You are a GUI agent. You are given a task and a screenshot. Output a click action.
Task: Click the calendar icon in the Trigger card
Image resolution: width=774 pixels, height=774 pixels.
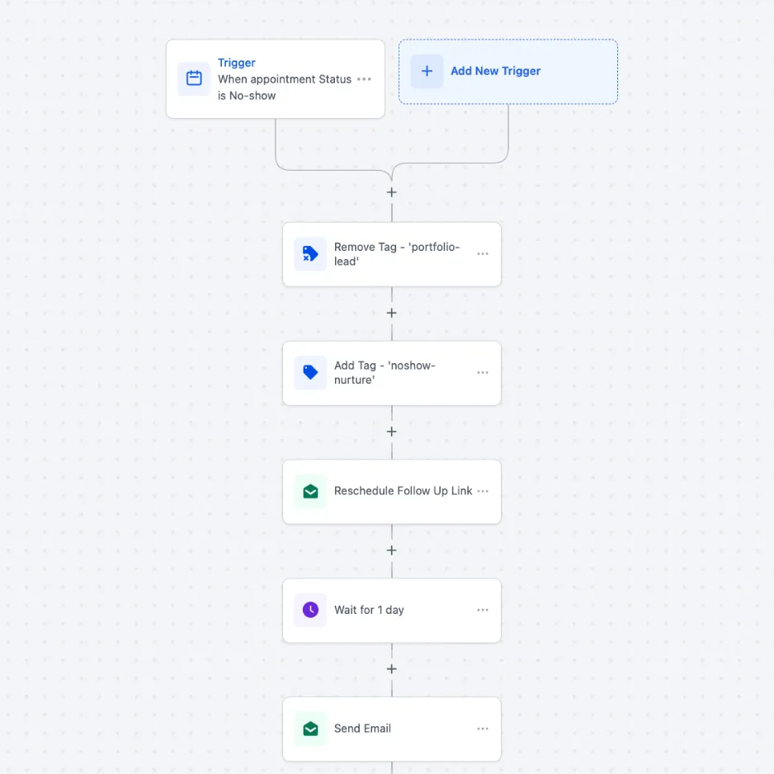(x=194, y=78)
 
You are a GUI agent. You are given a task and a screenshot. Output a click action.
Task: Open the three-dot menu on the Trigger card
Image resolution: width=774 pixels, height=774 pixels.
(x=364, y=79)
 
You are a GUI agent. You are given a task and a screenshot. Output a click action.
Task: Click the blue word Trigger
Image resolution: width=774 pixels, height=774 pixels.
(x=237, y=63)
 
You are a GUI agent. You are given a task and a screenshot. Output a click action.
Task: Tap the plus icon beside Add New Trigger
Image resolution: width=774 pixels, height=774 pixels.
(x=427, y=71)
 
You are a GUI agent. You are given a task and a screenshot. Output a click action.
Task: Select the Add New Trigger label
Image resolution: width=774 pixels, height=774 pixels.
(x=496, y=71)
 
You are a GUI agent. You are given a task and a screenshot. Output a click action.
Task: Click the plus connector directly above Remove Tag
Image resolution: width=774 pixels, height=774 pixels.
(x=391, y=192)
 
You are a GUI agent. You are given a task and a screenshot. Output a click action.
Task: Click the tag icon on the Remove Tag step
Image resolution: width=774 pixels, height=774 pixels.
(x=310, y=253)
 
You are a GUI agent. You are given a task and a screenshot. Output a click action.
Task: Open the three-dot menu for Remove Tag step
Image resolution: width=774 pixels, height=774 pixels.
(x=483, y=253)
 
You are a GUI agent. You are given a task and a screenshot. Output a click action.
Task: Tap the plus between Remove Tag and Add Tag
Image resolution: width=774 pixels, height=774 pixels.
(x=391, y=313)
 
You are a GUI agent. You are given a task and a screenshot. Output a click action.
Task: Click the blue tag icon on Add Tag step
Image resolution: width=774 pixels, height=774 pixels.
(x=310, y=372)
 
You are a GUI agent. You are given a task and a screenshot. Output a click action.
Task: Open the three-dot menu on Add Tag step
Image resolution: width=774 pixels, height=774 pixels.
(x=483, y=373)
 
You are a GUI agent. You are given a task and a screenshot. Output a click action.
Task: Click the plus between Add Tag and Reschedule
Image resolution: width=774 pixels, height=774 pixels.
(x=391, y=432)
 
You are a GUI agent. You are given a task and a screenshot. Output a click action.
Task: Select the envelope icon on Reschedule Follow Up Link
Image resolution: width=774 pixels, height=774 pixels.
(x=310, y=491)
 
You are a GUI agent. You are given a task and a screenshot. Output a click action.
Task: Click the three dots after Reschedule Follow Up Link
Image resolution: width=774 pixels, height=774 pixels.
(x=483, y=491)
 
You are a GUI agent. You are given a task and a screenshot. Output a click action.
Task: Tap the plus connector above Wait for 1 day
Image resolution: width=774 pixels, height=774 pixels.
(x=391, y=550)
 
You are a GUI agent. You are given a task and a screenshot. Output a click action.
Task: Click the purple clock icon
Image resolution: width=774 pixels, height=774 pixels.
(x=310, y=610)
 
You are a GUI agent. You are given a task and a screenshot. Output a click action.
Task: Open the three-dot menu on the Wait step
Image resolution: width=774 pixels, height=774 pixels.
(x=483, y=610)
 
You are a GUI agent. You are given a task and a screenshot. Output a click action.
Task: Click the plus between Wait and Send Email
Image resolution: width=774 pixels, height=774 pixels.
(x=391, y=669)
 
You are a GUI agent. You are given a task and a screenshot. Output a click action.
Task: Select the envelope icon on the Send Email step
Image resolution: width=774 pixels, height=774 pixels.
(x=310, y=729)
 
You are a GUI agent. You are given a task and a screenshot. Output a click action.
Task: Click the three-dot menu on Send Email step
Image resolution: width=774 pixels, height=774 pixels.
(x=483, y=729)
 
